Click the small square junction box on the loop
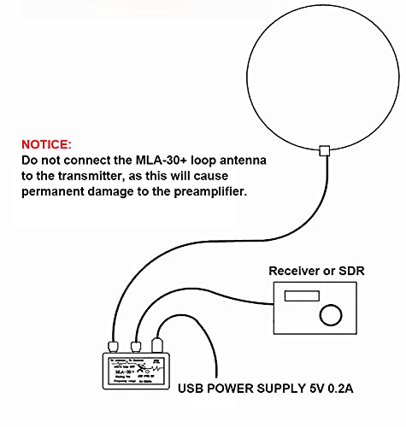(x=323, y=151)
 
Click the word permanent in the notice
(x=53, y=193)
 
